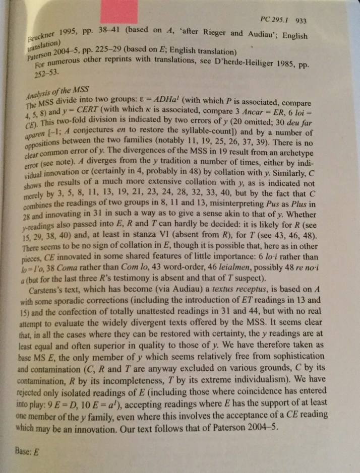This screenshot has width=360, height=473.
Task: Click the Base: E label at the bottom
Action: point(26,451)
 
